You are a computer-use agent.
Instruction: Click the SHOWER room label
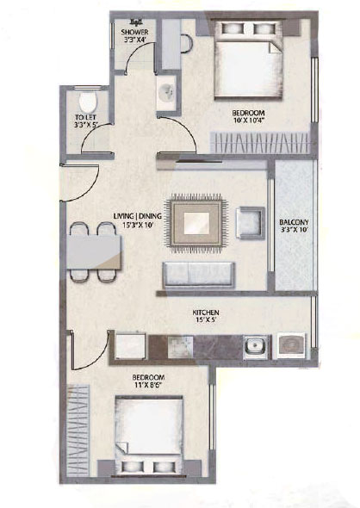tap(134, 33)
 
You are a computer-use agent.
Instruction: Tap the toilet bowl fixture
tap(88, 101)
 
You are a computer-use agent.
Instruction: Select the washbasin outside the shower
tap(166, 92)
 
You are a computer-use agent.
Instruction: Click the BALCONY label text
tap(294, 223)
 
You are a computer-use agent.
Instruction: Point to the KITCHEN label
tap(206, 313)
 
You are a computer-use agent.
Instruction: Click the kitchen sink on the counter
tap(256, 347)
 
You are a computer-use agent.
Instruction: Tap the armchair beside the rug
tap(251, 223)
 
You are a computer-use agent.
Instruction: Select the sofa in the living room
tap(199, 275)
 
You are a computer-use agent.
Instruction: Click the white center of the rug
tap(196, 224)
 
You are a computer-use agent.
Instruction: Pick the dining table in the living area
tap(95, 252)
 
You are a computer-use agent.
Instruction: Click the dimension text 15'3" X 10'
tap(138, 223)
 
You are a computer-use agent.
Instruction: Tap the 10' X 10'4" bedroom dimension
tap(249, 121)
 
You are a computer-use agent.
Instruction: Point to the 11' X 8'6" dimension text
tap(148, 385)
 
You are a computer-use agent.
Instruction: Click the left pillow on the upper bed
tap(232, 28)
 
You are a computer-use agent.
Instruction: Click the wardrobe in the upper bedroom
tap(259, 142)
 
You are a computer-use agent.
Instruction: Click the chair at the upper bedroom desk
tap(186, 43)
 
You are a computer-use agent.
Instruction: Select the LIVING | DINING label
tap(138, 216)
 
